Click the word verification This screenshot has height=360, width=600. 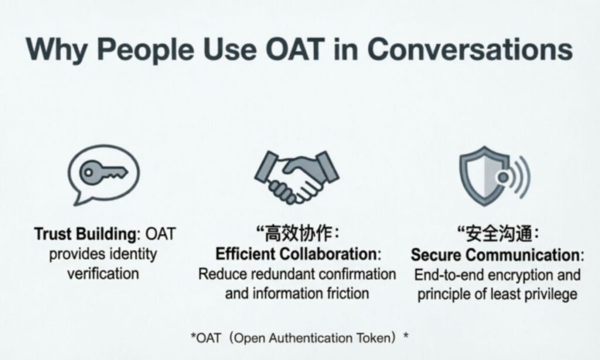pos(104,273)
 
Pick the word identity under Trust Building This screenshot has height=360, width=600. pos(132,254)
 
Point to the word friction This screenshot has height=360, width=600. pos(348,293)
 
